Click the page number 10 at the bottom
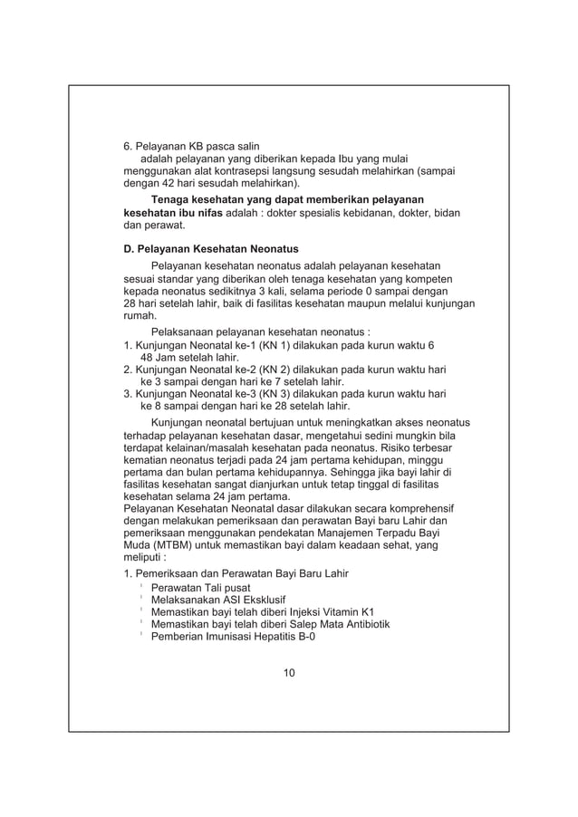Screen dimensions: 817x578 [x=288, y=672]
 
